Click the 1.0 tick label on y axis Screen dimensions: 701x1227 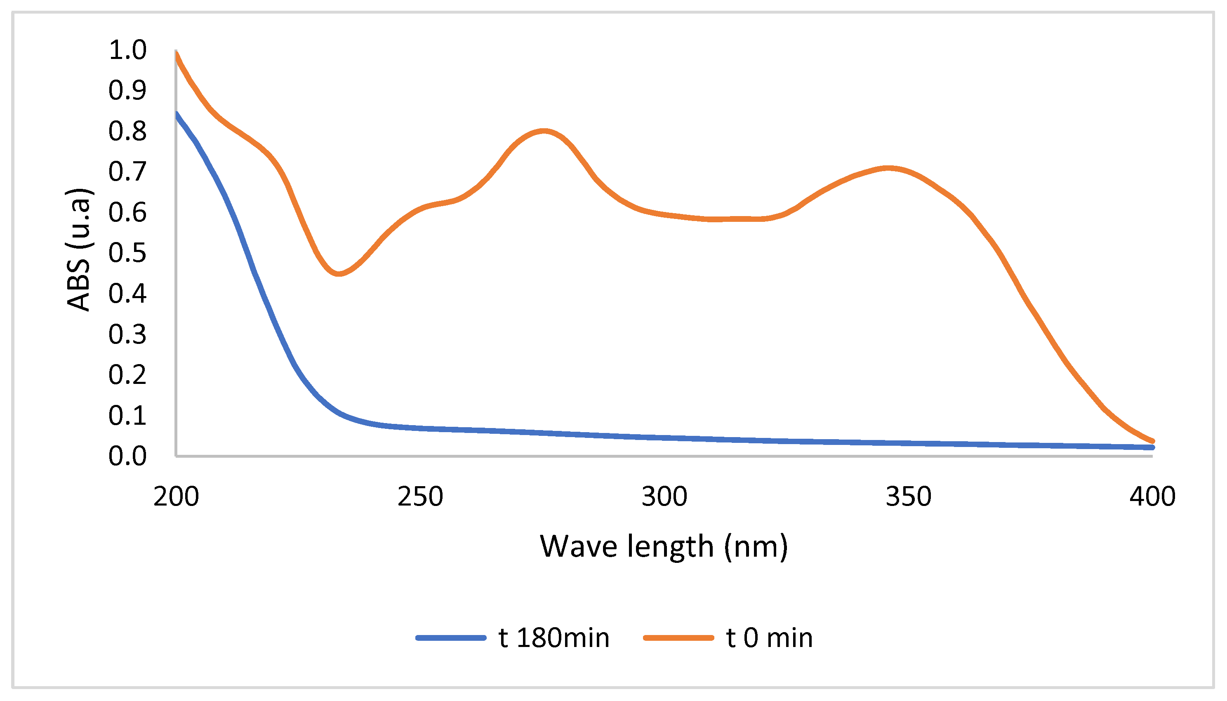click(127, 50)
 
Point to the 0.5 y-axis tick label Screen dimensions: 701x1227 click(127, 253)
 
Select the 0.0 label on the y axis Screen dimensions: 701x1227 click(127, 456)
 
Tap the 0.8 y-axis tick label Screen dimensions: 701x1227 click(127, 131)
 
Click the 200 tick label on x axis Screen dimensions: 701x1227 click(176, 496)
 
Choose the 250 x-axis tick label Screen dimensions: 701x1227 click(420, 496)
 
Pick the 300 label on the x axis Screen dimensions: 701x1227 click(664, 496)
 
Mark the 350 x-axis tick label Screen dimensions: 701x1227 click(909, 496)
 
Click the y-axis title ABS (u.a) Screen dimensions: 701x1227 click(78, 249)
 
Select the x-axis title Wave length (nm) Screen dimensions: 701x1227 click(664, 546)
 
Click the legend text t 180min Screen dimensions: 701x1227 click(554, 638)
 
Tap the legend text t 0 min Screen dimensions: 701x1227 click(770, 638)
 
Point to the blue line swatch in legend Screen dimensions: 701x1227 click(451, 638)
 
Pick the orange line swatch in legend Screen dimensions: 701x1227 click(678, 638)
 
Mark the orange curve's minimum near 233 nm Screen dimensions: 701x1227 click(339, 273)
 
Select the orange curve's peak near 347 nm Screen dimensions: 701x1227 click(888, 168)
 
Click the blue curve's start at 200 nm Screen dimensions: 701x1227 click(177, 114)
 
